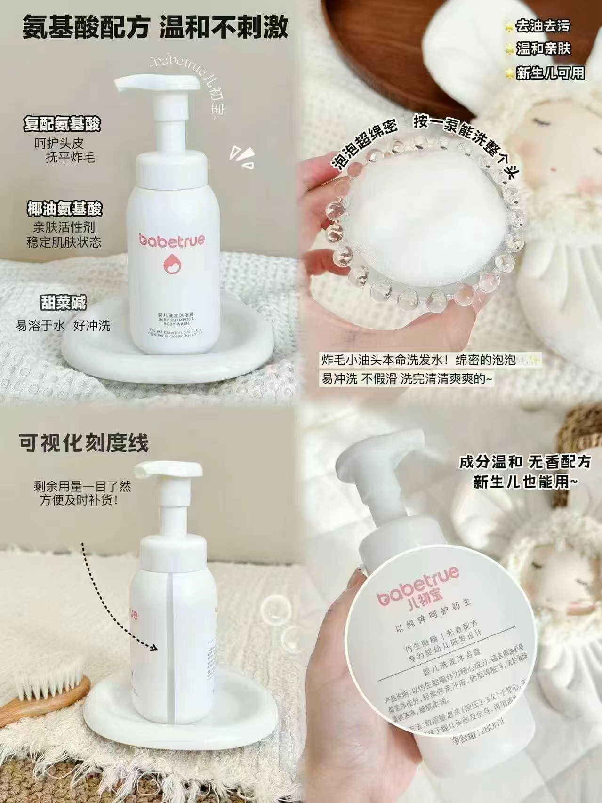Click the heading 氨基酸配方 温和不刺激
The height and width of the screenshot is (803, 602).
click(x=154, y=27)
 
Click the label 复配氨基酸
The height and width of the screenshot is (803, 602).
click(x=62, y=125)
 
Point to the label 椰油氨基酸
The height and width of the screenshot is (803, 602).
click(x=64, y=209)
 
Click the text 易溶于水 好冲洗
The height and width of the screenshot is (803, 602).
click(x=64, y=325)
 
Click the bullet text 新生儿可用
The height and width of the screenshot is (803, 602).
click(x=550, y=73)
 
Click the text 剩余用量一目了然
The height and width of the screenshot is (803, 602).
click(x=82, y=485)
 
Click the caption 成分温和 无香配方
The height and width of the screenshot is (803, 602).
click(x=525, y=462)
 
